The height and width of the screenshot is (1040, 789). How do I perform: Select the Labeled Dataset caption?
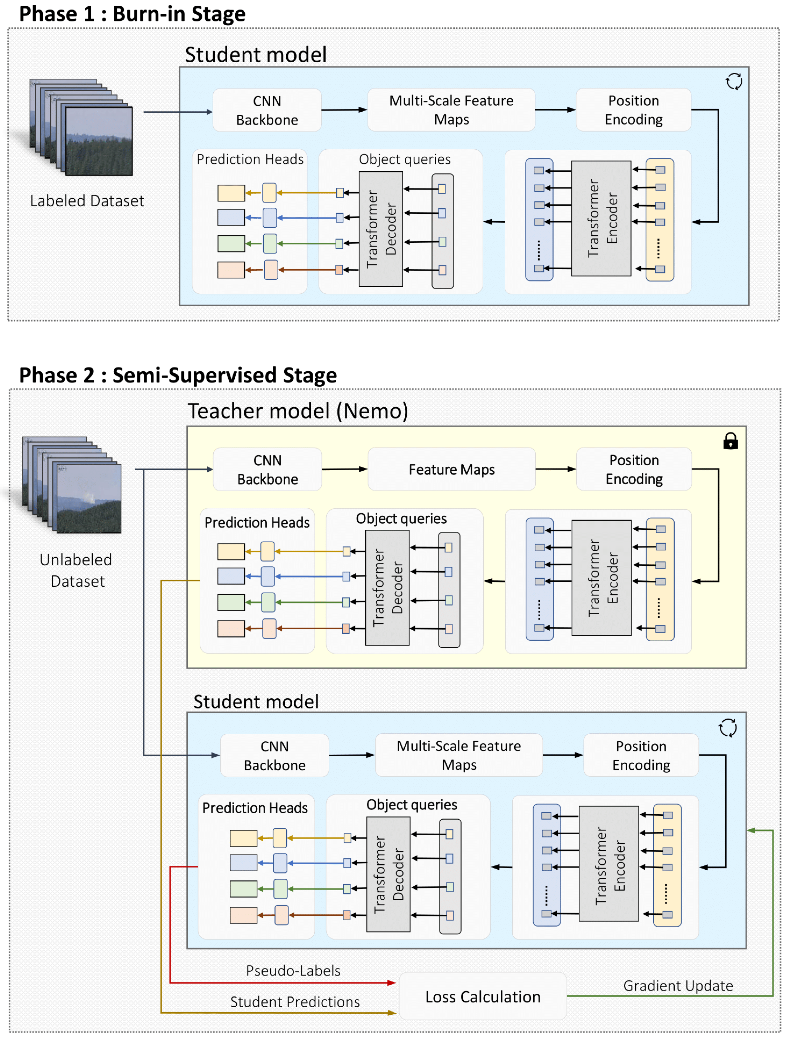pos(87,201)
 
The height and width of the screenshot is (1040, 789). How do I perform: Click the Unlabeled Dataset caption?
pos(77,570)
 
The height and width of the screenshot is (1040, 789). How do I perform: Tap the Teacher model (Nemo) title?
pos(298,411)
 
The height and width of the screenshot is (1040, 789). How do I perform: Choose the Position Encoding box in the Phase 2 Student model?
pos(641,755)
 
